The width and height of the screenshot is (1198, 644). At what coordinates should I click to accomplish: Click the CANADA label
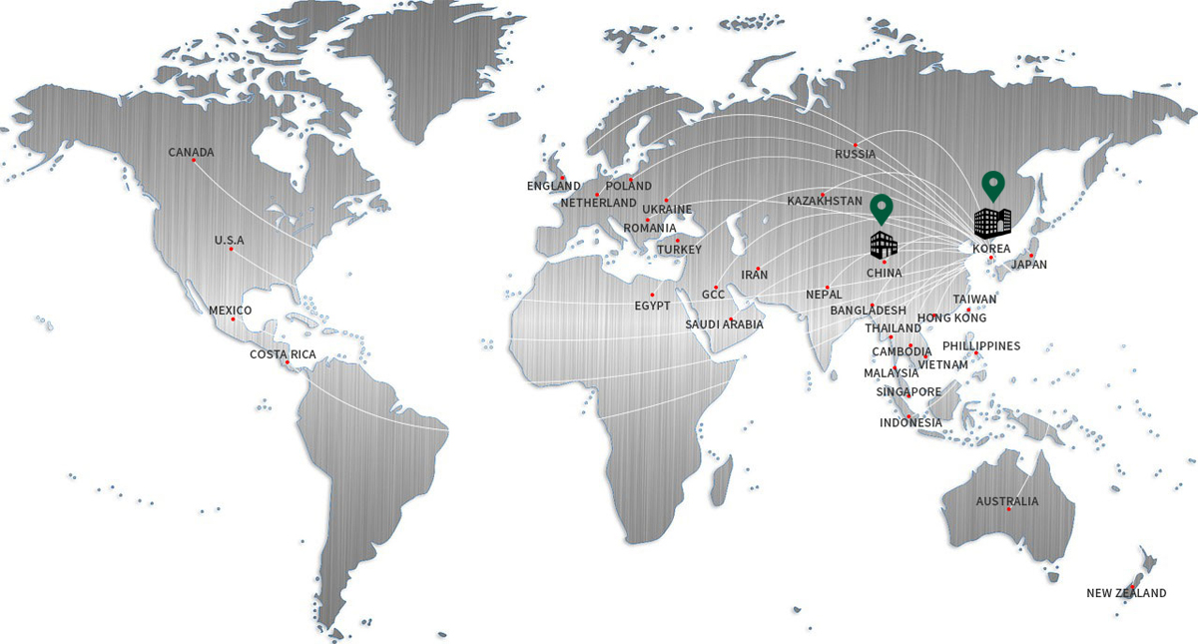click(191, 153)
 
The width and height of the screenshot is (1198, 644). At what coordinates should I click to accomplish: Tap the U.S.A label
click(229, 240)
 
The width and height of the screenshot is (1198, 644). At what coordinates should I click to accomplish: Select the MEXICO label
click(231, 311)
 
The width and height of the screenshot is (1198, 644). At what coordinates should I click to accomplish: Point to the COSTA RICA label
click(282, 354)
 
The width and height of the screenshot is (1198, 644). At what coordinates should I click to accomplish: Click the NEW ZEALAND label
click(1126, 593)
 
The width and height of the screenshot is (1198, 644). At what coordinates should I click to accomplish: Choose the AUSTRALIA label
click(1007, 501)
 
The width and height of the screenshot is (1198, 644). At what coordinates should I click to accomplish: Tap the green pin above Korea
click(992, 186)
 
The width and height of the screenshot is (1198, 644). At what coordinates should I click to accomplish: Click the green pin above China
click(881, 208)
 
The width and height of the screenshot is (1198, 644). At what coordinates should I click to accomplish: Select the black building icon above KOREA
click(992, 223)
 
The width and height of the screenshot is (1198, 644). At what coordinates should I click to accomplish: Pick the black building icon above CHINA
click(884, 243)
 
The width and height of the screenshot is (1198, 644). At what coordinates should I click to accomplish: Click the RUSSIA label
click(856, 154)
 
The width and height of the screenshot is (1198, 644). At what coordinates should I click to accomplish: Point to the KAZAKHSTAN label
click(825, 202)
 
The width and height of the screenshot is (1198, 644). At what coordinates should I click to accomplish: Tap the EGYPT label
click(652, 306)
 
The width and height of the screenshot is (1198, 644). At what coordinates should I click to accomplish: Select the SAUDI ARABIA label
click(725, 324)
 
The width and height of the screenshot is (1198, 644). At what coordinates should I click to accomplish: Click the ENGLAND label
click(554, 186)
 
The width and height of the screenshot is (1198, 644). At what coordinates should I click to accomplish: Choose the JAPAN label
click(1029, 265)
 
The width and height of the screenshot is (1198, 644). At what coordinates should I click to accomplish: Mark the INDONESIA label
click(910, 423)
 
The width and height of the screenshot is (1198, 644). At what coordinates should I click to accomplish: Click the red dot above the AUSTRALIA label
click(1008, 510)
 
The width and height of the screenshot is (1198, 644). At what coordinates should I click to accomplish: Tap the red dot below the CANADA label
click(192, 163)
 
